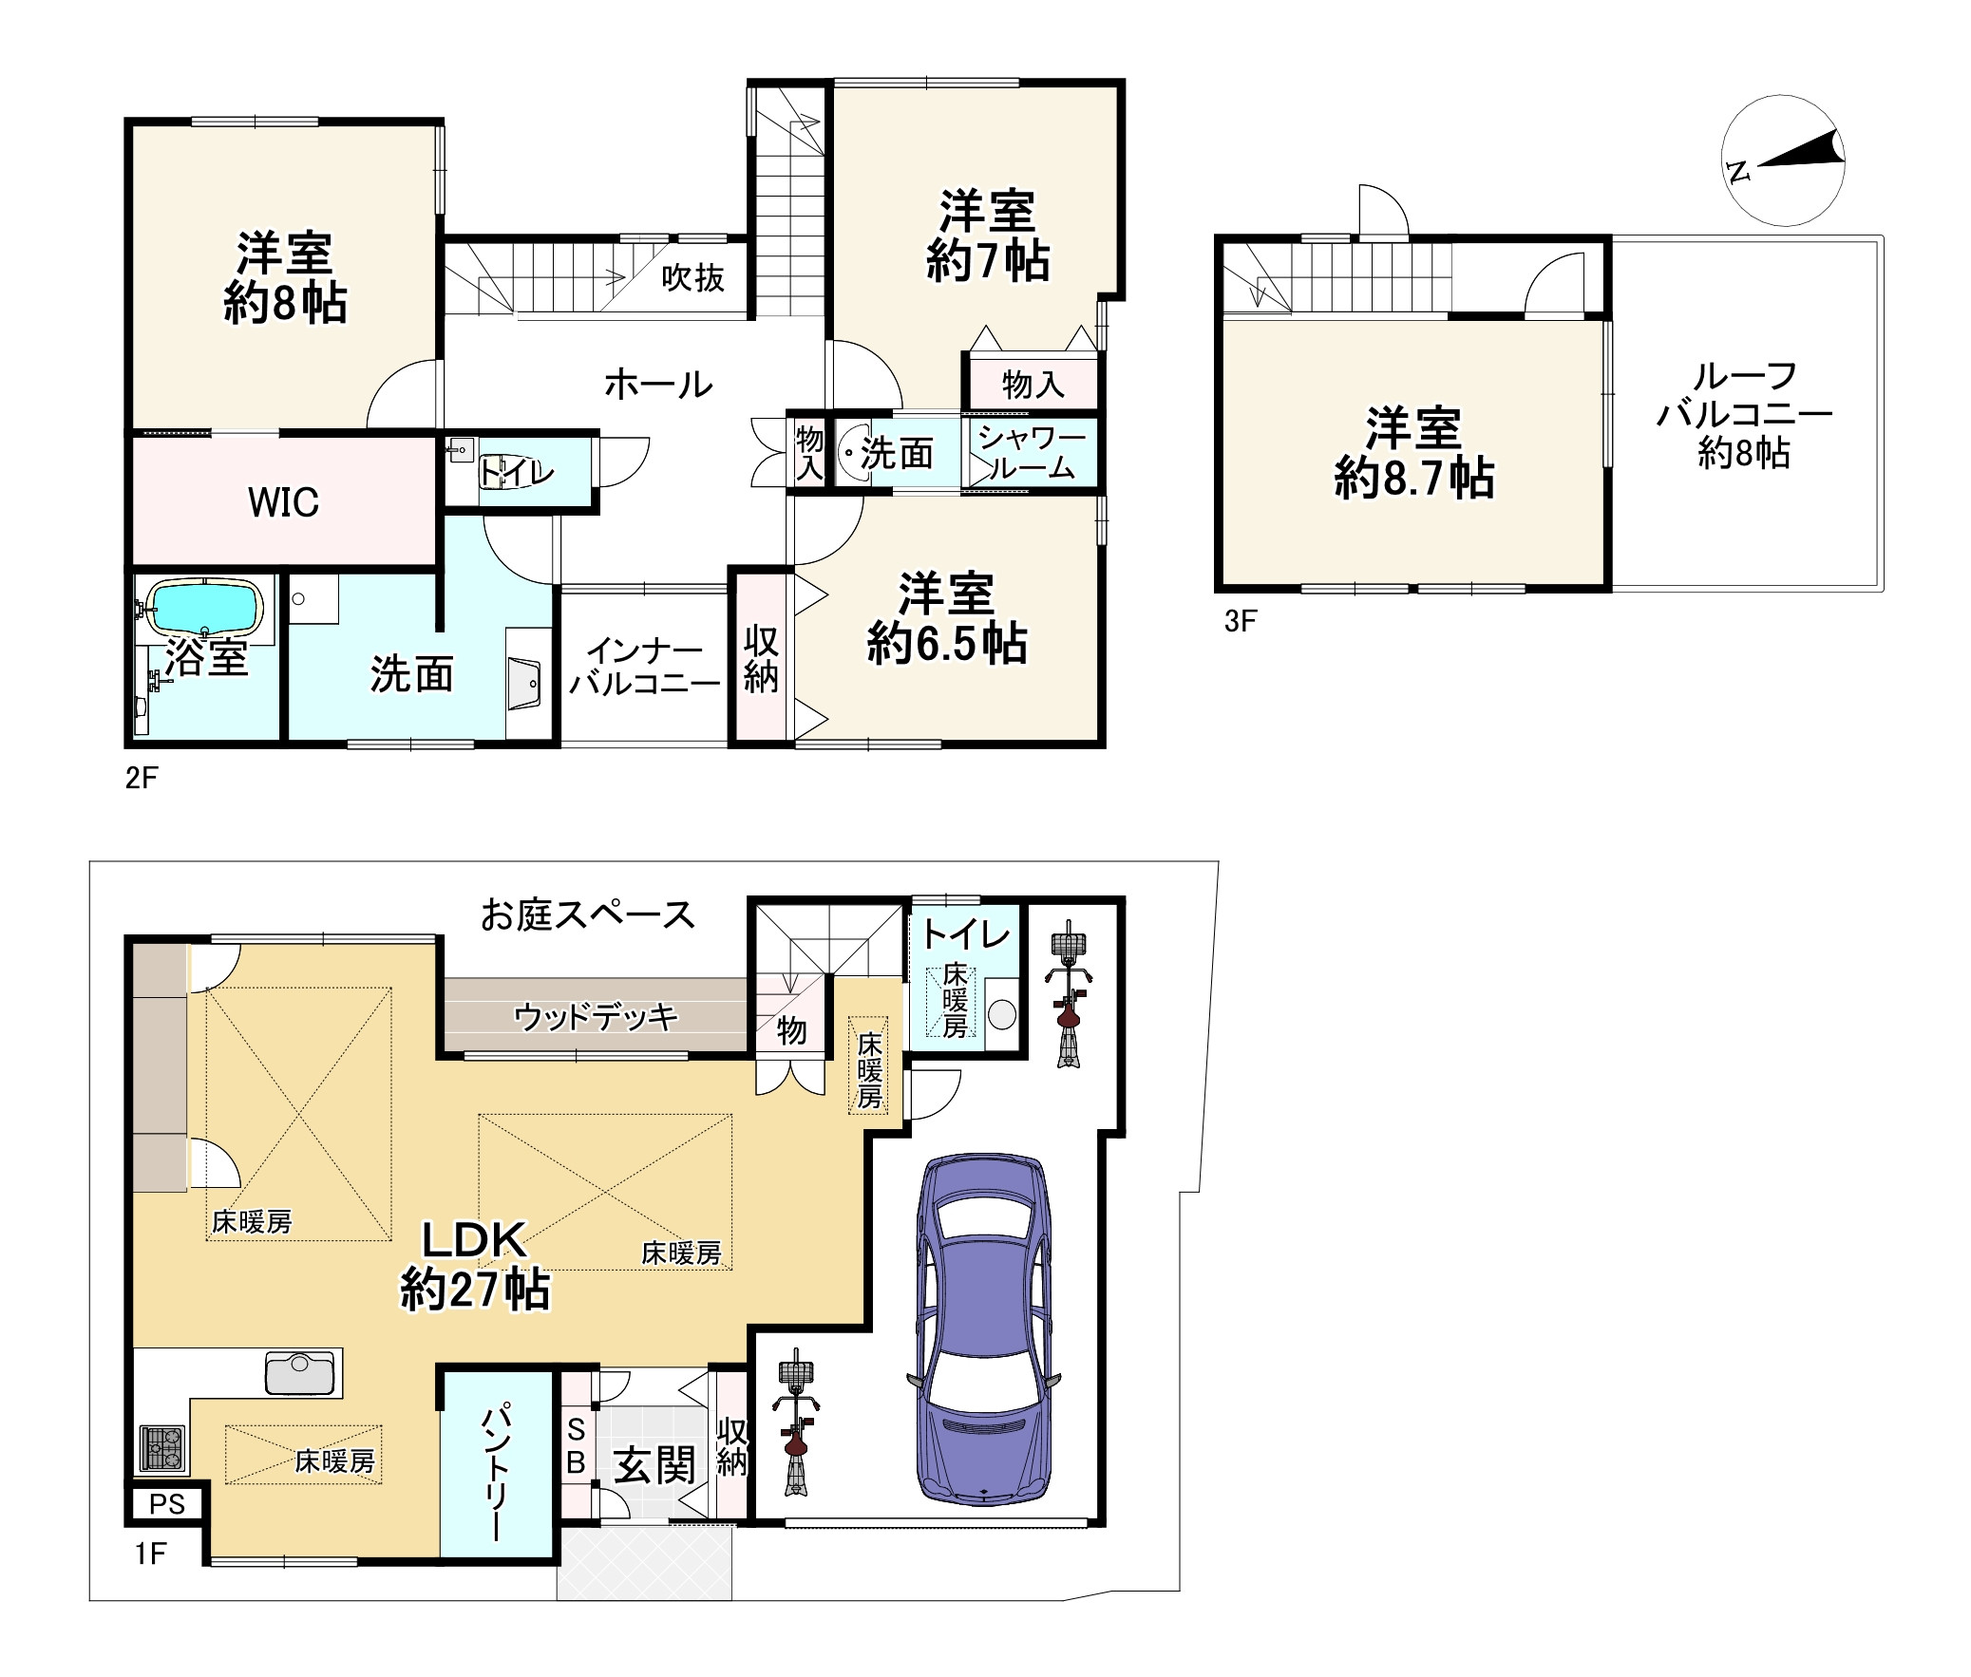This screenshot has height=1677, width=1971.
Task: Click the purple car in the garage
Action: (984, 1330)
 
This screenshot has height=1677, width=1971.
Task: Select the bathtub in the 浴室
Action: (206, 607)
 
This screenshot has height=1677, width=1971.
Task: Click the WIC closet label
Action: (283, 502)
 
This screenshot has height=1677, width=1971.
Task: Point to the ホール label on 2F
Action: (658, 384)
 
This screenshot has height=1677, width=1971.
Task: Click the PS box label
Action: (167, 1505)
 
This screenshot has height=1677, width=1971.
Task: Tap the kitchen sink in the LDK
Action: (300, 1373)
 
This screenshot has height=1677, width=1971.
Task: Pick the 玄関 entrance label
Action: (654, 1465)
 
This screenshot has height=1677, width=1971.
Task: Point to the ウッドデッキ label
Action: (597, 1017)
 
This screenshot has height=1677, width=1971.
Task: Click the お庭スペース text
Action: (588, 914)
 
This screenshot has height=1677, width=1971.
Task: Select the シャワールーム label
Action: (1032, 453)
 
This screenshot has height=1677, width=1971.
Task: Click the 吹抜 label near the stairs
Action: (693, 277)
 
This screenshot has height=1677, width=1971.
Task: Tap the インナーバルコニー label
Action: (645, 668)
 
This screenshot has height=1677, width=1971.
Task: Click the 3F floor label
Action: (1241, 621)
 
